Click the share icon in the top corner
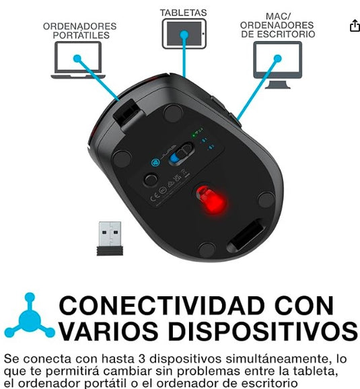(355, 26)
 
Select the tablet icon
(183, 32)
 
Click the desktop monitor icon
(277, 65)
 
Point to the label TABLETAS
(183, 13)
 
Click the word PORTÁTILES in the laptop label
(79, 35)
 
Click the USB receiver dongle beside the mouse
(109, 238)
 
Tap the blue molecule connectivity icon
(29, 316)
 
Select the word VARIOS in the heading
(108, 332)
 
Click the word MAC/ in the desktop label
(277, 17)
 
